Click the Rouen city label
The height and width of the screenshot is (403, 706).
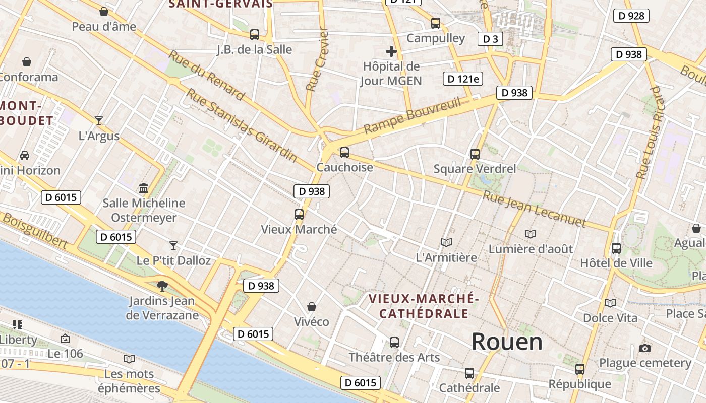[x=507, y=342]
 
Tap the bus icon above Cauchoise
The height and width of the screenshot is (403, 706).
[x=344, y=152]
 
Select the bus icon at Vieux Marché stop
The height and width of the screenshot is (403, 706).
[x=299, y=215]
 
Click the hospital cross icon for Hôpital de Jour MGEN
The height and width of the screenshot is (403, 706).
[x=391, y=51]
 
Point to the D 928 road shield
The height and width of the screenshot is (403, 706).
[x=631, y=16]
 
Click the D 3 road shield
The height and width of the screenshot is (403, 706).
[x=490, y=39]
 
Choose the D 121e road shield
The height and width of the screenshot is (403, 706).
[x=462, y=79]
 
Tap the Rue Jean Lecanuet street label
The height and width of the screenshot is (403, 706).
[x=534, y=209]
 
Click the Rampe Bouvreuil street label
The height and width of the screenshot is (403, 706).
[x=413, y=116]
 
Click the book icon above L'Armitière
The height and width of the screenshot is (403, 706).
[x=446, y=242]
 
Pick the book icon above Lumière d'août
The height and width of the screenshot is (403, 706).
[x=531, y=234]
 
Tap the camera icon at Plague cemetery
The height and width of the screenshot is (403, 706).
[x=644, y=348]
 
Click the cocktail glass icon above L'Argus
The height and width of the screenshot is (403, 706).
[x=99, y=120]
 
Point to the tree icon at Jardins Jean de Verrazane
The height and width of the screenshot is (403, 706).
[x=162, y=286]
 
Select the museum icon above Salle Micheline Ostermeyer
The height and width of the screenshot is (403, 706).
[x=144, y=188]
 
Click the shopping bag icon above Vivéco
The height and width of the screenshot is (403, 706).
[x=312, y=307]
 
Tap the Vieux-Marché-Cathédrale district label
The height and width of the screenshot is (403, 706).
[x=424, y=306]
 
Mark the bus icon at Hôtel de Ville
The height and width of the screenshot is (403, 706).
[x=616, y=248]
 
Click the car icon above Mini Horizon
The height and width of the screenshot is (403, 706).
[x=24, y=156]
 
